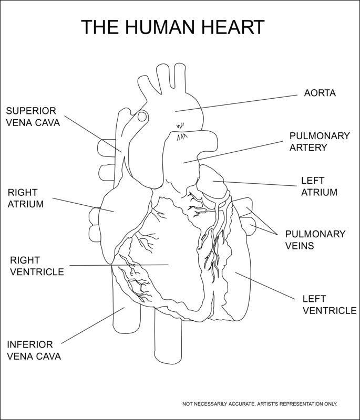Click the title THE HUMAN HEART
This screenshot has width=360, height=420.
click(173, 27)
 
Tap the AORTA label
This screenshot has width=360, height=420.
click(320, 93)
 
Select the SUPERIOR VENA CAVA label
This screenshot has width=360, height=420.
click(33, 117)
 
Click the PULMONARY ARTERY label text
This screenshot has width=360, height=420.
click(319, 142)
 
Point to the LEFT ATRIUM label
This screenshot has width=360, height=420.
click(319, 186)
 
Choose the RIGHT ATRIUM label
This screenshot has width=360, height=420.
click(25, 198)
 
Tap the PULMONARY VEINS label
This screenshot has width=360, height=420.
click(315, 239)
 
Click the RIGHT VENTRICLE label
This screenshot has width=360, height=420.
click(37, 266)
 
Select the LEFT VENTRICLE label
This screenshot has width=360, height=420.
click(329, 304)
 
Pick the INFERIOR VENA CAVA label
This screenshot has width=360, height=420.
click(34, 350)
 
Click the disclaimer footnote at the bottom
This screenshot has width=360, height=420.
click(260, 404)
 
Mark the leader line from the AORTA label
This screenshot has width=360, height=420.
click(236, 103)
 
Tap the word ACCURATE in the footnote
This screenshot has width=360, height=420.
click(241, 404)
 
